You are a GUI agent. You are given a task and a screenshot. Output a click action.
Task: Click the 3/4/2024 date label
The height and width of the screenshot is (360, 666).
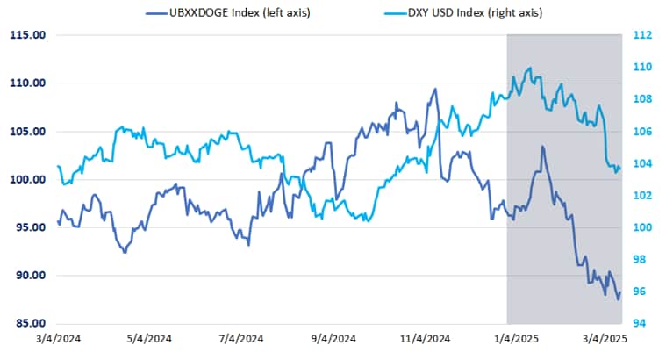(57, 339)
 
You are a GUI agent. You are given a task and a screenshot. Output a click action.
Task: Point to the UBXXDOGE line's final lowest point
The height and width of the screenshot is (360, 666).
(618, 299)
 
